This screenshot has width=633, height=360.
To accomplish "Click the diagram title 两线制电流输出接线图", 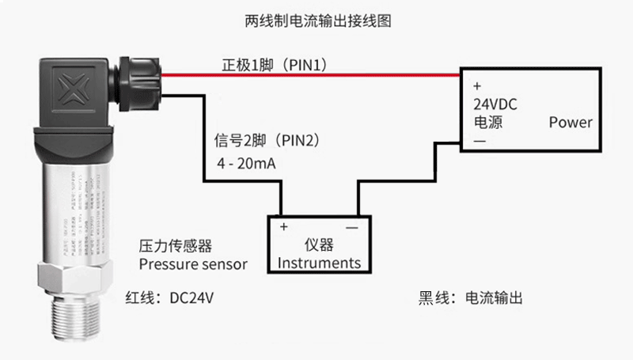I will pyautogui.click(x=317, y=21).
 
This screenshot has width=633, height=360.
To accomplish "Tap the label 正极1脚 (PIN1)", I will pyautogui.click(x=272, y=63).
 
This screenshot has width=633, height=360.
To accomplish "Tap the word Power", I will pyautogui.click(x=570, y=123).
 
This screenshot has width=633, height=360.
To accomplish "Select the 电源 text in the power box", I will pyautogui.click(x=489, y=123).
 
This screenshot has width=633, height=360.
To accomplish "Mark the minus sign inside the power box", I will pyautogui.click(x=479, y=141).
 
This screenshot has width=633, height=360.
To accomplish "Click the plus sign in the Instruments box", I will pyautogui.click(x=283, y=226).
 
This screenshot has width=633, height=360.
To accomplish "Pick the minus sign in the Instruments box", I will pyautogui.click(x=351, y=226).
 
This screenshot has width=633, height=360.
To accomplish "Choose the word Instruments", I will pyautogui.click(x=320, y=263).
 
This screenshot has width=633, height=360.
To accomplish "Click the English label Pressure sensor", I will pyautogui.click(x=192, y=263).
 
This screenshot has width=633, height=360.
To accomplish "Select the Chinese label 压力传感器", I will pyautogui.click(x=176, y=245).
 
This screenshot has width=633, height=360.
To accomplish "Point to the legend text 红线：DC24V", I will pyautogui.click(x=170, y=298).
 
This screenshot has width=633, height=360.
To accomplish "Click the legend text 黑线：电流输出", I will pyautogui.click(x=471, y=298).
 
